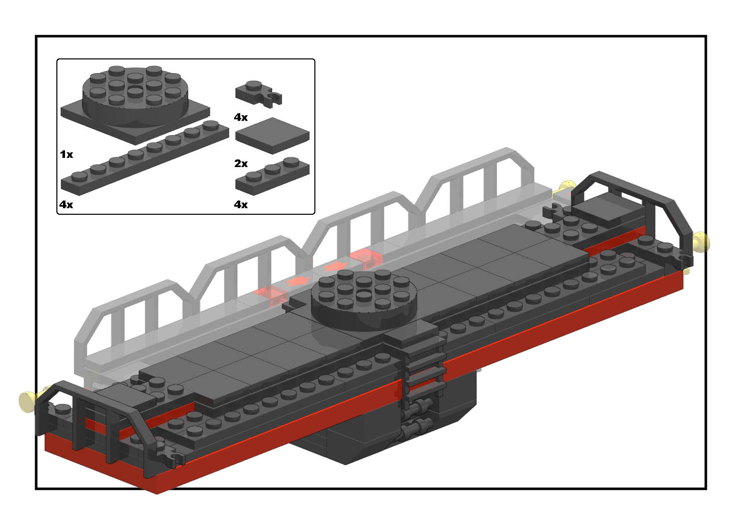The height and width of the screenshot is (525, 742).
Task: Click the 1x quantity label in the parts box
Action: coord(67,154)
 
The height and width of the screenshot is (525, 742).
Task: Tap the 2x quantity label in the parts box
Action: coord(241,163)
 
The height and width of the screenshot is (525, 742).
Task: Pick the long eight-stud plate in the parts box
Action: coord(145,158)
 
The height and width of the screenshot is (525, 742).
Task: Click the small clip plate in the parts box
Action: coord(259,94)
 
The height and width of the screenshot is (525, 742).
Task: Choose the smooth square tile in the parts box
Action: coord(272,136)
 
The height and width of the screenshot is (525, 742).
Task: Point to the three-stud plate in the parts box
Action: coord(272,176)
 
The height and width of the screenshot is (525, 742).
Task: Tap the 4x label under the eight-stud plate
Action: coord(66,205)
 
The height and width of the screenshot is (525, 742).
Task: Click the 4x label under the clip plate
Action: coord(241,117)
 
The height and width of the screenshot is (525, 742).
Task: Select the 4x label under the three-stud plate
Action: coord(241,205)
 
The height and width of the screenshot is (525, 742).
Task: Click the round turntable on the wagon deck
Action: coord(364,300)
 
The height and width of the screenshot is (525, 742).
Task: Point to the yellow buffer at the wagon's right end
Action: coord(702,243)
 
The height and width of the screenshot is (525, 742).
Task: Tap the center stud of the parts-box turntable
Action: coord(135,90)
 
